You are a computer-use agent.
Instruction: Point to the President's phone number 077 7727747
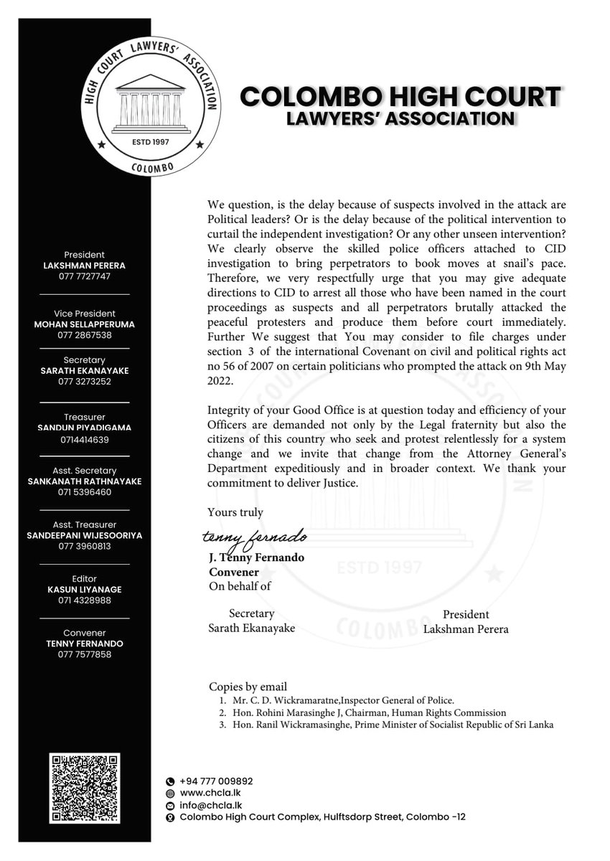coord(84,276)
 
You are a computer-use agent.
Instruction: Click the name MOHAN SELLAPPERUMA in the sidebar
coord(84,324)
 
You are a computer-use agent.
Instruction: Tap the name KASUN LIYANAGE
coord(84,589)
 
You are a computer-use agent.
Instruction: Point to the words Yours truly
coord(235,512)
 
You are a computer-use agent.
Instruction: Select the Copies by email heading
coord(248,686)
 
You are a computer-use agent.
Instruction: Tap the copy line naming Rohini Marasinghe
coord(362,712)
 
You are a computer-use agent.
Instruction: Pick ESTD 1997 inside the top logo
coord(151,142)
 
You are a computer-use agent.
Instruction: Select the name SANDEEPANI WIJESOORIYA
coord(84,535)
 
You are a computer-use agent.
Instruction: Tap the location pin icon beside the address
coord(170,818)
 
